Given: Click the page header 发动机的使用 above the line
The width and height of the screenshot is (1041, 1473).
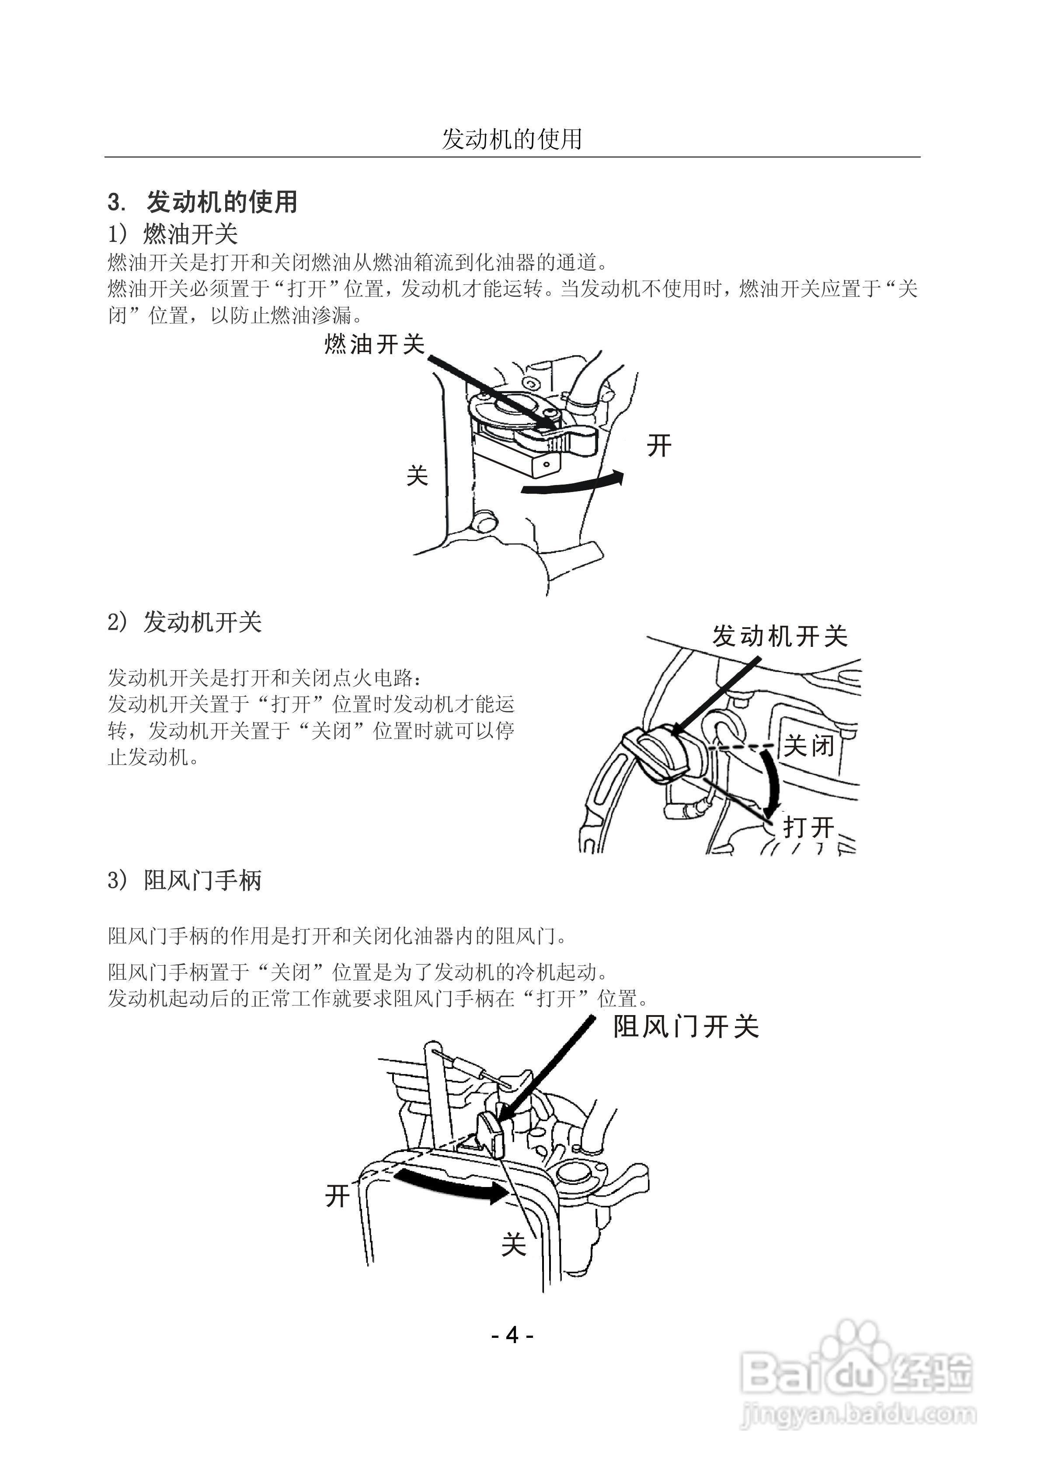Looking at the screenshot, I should [512, 139].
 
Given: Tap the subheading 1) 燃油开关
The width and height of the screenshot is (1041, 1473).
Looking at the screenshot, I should [173, 234].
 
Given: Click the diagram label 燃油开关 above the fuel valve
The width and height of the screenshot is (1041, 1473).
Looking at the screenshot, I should [375, 345].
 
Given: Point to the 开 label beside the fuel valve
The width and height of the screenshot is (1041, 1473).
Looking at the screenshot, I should [659, 445].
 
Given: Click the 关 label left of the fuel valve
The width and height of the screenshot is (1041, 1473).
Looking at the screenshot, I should [417, 476].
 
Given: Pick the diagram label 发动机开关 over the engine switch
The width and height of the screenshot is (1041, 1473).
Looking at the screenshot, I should [780, 636].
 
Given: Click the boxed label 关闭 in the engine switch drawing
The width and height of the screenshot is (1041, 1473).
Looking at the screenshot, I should [809, 746].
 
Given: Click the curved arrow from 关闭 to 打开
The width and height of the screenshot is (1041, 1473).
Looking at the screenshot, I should [773, 779].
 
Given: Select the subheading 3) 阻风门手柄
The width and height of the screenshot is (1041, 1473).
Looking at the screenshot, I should [185, 880].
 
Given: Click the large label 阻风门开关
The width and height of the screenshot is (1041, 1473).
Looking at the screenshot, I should [686, 1026].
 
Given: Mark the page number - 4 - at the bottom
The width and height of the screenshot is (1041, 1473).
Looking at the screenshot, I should [512, 1335].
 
